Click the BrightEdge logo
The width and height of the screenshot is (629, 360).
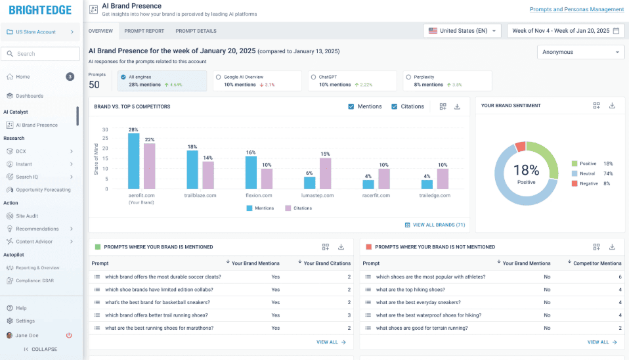40,10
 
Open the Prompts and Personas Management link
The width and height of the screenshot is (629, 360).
576,9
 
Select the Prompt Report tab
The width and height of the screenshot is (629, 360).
144,31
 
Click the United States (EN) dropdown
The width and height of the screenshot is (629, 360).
464,31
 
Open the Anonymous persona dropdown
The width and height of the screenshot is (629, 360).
580,52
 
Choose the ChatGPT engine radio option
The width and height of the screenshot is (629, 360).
313,77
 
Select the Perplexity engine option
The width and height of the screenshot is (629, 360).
408,77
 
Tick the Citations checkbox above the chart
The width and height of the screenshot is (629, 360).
395,106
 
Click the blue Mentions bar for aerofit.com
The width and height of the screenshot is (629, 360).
133,161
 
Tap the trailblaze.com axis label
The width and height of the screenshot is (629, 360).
201,195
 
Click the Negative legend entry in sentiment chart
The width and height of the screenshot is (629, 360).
588,183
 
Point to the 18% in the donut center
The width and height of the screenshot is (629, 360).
525,170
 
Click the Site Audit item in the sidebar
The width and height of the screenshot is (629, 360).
27,215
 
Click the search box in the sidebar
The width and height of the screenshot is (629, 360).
45,54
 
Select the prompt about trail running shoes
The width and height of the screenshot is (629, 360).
156,315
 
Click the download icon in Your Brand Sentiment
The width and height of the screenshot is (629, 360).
612,105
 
